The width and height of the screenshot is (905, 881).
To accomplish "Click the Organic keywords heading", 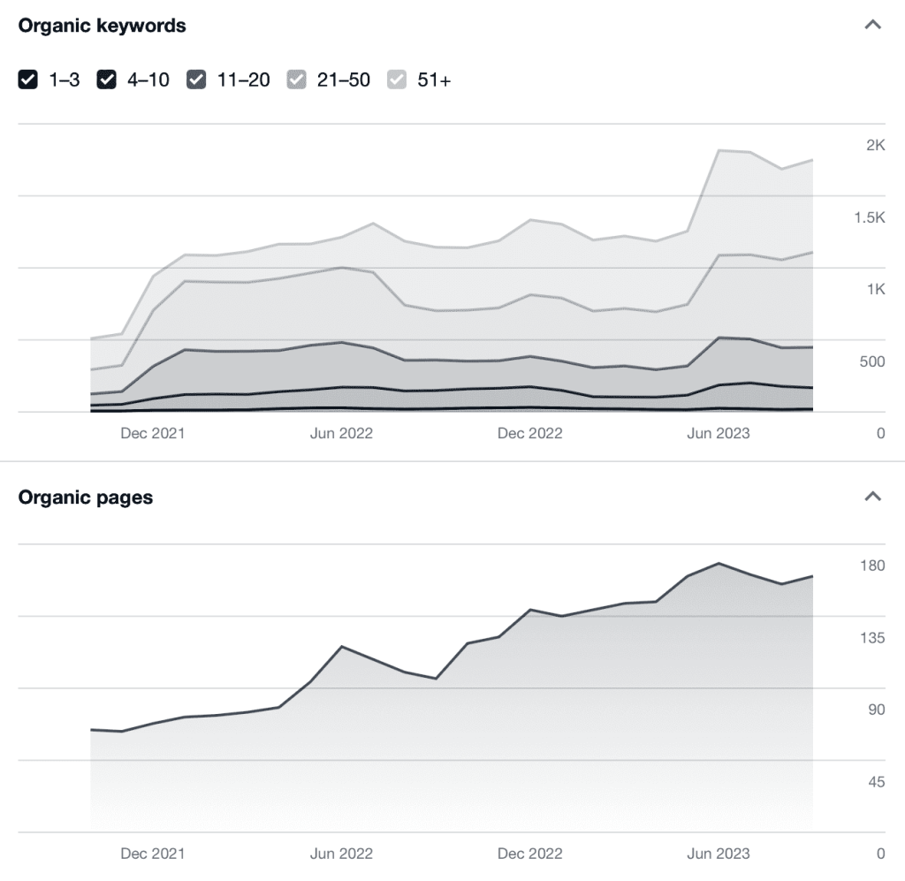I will pyautogui.click(x=102, y=26).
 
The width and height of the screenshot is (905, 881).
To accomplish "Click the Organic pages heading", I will pyautogui.click(x=85, y=497).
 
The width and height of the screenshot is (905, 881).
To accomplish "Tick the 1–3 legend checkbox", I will pyautogui.click(x=28, y=80).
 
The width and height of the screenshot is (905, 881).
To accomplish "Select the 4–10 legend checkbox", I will pyautogui.click(x=107, y=80).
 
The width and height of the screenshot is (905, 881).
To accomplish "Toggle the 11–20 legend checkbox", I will pyautogui.click(x=196, y=80).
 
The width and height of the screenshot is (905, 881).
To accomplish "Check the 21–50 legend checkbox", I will pyautogui.click(x=296, y=80).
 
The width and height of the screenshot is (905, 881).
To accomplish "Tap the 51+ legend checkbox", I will pyautogui.click(x=397, y=80).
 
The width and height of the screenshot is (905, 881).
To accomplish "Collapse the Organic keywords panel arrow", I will pyautogui.click(x=872, y=25).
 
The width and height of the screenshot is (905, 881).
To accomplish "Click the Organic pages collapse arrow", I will pyautogui.click(x=872, y=497).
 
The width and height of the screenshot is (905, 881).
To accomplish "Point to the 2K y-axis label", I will pyautogui.click(x=875, y=146).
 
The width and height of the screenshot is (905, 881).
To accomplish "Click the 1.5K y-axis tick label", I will pyautogui.click(x=869, y=218).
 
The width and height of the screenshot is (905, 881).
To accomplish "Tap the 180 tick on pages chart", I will pyautogui.click(x=872, y=566).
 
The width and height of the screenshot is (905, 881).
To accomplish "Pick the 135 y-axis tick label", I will pyautogui.click(x=872, y=637).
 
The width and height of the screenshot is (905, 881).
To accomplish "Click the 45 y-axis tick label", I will pyautogui.click(x=876, y=781).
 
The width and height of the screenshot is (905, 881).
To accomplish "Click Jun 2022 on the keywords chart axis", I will pyautogui.click(x=341, y=433).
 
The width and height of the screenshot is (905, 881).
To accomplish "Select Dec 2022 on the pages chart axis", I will pyautogui.click(x=529, y=854).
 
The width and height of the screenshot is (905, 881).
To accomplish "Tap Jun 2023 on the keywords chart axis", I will pyautogui.click(x=718, y=433).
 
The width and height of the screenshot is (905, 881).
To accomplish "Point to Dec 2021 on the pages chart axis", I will pyautogui.click(x=153, y=854).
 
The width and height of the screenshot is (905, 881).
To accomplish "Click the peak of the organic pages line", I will pyautogui.click(x=719, y=563).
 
